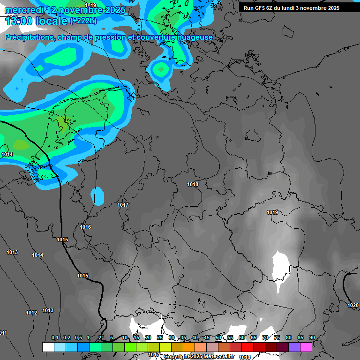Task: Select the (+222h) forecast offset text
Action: click(83, 21)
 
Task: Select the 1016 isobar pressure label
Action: click(85, 227)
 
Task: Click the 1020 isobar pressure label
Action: click(353, 305)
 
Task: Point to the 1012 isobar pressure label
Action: click(31, 313)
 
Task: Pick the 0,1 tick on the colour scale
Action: click(55, 338)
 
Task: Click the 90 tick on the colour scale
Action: click(312, 338)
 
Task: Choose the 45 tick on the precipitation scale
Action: click(207, 338)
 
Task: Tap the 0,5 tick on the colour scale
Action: click(78, 338)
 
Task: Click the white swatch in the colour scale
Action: click(48, 347)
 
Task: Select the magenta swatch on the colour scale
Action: click(306, 347)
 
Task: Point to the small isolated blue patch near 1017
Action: click(98, 196)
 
